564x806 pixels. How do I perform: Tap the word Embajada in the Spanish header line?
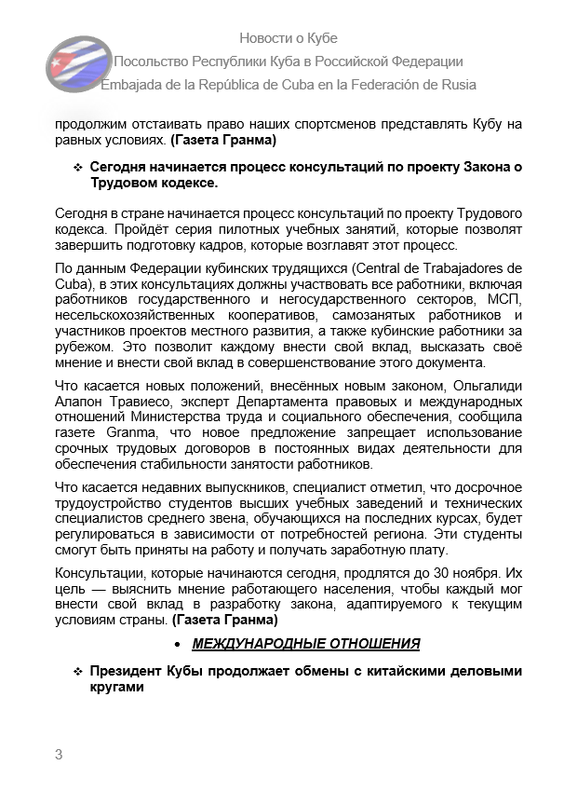tap(131, 85)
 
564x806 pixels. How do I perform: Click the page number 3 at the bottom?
tap(59, 755)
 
